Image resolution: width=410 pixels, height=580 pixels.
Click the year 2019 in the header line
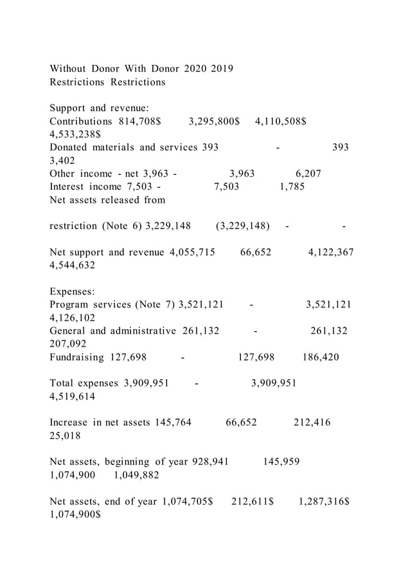coord(220,68)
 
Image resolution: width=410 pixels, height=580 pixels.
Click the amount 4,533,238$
coord(75,135)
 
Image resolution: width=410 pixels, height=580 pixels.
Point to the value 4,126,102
coord(72,318)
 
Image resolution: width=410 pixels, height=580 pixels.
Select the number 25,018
coord(65,436)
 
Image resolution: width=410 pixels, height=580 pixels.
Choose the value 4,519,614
coord(72,397)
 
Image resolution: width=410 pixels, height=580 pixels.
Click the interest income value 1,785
coord(292,186)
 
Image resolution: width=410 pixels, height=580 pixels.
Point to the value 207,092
coord(67,344)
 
